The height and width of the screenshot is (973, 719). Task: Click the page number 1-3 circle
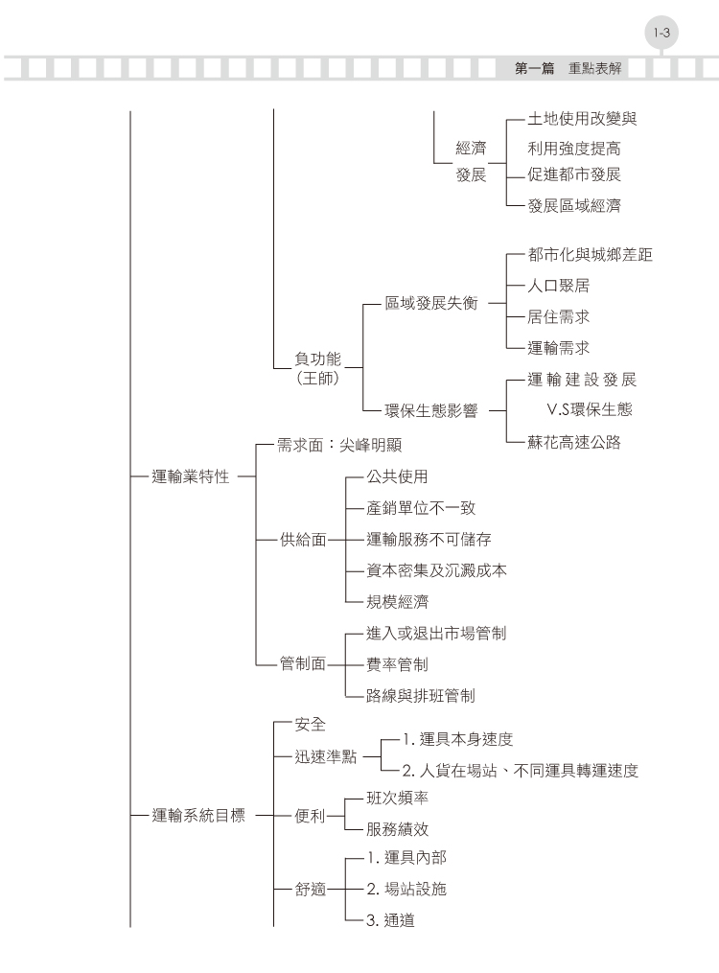pos(661,33)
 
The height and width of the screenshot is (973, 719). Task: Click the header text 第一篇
pos(534,68)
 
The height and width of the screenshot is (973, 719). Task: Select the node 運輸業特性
pos(191,476)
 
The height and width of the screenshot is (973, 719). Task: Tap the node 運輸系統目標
pos(198,816)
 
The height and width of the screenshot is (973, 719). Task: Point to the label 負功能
pos(317,359)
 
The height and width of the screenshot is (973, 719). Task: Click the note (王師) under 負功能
pos(317,378)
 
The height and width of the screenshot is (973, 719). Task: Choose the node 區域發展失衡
pos(431,304)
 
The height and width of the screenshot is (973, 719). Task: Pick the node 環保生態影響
pos(431,411)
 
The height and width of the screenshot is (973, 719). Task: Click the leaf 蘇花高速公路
pos(574,442)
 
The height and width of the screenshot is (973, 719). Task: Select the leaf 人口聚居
pos(558,286)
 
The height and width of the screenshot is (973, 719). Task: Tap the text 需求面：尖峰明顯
pos(339,445)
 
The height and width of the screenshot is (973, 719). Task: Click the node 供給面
pos(303,540)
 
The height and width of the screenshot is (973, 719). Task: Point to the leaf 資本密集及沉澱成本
pos(436,570)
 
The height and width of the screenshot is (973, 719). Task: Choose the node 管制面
pos(303,664)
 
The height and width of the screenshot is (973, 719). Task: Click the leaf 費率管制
pos(397,664)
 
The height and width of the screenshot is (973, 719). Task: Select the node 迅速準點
pos(326,756)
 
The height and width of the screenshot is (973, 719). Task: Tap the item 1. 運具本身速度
pos(458,739)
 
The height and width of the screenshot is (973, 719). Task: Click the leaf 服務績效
pos(397,829)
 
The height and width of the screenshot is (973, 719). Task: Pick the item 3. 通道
pos(390,920)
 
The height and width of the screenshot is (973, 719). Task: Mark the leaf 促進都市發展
pos(574,174)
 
